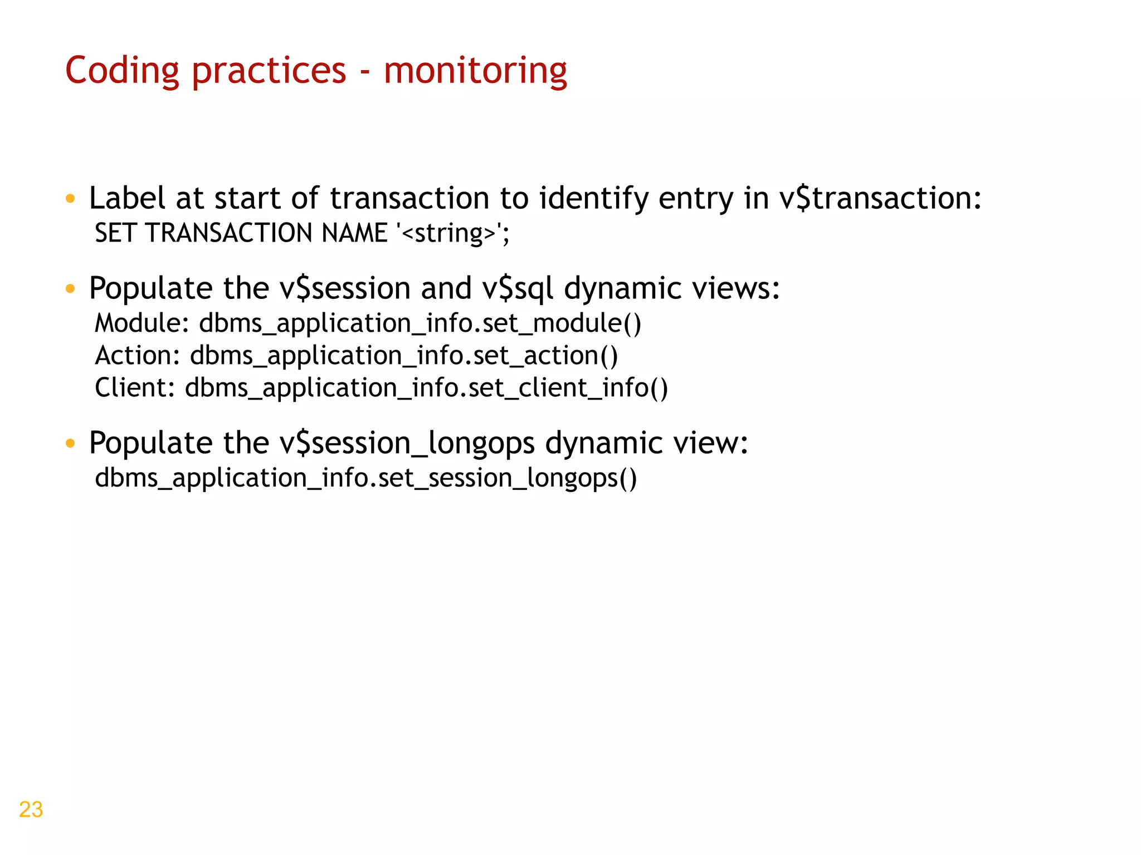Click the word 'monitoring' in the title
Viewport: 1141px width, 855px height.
click(475, 71)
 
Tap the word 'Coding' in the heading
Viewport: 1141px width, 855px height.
click(122, 71)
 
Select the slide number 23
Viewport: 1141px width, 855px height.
click(31, 809)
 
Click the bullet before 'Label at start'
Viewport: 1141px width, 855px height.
click(70, 199)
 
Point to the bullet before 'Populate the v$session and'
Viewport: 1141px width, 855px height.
click(70, 289)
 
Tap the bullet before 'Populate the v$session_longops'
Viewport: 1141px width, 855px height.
click(70, 444)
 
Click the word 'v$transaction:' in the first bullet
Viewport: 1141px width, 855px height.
click(880, 198)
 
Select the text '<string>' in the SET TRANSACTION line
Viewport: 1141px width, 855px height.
click(448, 233)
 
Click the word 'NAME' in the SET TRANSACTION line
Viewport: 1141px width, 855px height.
click(354, 233)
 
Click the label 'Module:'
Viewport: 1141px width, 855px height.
click(143, 323)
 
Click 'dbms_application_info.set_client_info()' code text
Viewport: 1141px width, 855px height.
click(426, 388)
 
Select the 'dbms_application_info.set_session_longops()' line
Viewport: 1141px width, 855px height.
click(365, 478)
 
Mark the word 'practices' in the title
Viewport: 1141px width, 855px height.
click(269, 71)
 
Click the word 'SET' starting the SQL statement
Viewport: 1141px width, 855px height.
click(115, 233)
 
